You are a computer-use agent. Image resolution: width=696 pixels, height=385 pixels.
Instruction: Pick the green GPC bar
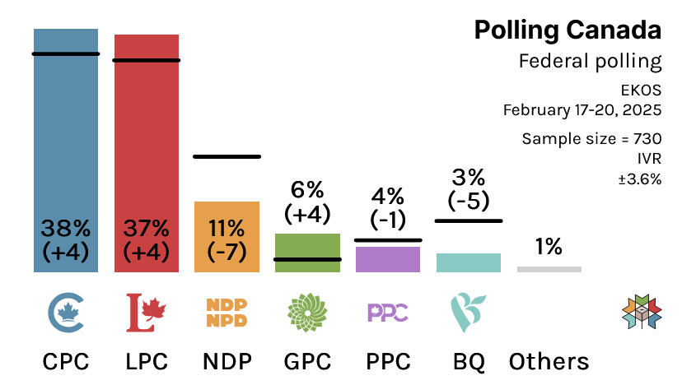pyautogui.click(x=307, y=247)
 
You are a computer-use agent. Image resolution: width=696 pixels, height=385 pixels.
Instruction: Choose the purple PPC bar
pyautogui.click(x=388, y=259)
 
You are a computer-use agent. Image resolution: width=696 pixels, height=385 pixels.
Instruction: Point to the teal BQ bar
pyautogui.click(x=469, y=262)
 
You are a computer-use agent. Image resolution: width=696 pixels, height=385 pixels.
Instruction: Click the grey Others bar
pyautogui.click(x=549, y=269)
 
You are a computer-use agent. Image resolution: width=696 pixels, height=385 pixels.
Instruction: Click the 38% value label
pyautogui.click(x=66, y=227)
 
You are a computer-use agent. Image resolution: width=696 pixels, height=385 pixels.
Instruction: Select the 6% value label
pyautogui.click(x=307, y=190)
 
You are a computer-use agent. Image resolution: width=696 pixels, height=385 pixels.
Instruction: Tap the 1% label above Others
pyautogui.click(x=549, y=246)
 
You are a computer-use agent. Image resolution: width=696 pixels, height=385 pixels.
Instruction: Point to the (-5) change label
pyautogui.click(x=469, y=200)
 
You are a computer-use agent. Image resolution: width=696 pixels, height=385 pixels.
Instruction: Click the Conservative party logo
pyautogui.click(x=66, y=313)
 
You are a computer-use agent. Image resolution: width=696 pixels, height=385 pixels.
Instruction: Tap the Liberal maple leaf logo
pyautogui.click(x=146, y=313)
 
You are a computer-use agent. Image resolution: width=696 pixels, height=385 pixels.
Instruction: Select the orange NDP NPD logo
pyautogui.click(x=227, y=313)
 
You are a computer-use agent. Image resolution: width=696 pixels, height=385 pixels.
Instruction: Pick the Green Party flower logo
pyautogui.click(x=307, y=313)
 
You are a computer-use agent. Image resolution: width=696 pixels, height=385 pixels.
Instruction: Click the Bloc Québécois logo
pyautogui.click(x=469, y=313)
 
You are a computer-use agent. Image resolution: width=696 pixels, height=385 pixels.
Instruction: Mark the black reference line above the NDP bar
pyautogui.click(x=227, y=155)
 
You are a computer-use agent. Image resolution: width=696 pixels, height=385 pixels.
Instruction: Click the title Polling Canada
pyautogui.click(x=568, y=30)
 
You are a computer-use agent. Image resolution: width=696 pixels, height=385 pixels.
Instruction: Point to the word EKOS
pyautogui.click(x=642, y=88)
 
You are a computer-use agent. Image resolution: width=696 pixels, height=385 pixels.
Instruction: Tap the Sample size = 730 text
pyautogui.click(x=591, y=138)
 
